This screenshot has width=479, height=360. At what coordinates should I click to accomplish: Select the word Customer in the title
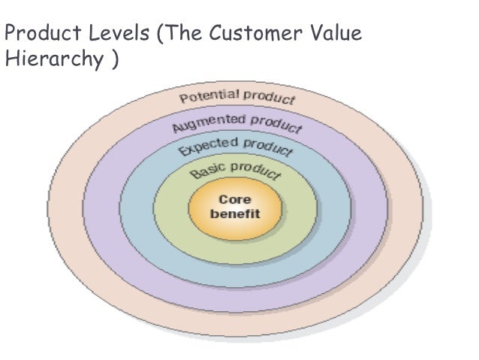[x=258, y=35]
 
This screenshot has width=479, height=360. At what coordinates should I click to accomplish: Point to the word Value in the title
[x=338, y=35]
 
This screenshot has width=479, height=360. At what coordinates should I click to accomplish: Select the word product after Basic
[x=255, y=171]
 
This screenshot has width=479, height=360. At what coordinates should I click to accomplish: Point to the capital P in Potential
[x=183, y=98]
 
